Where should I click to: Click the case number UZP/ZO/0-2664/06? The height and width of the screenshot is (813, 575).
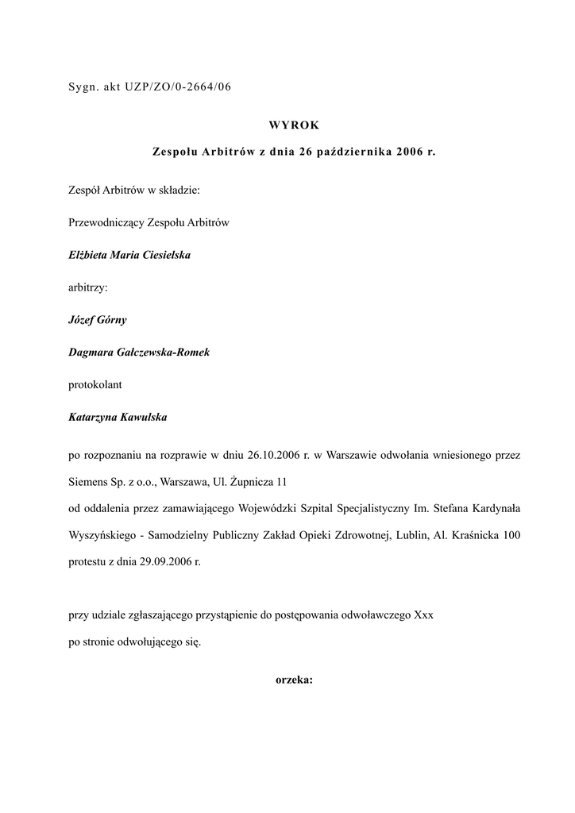[178, 88]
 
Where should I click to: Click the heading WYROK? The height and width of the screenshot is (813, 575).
[294, 125]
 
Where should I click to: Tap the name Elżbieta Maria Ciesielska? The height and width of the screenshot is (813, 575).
[129, 256]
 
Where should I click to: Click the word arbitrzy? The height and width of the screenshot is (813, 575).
[88, 288]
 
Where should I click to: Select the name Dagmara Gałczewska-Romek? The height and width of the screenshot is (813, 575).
[140, 353]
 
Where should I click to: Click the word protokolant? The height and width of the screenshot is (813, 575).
[95, 384]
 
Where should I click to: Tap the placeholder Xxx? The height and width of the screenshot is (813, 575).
[423, 615]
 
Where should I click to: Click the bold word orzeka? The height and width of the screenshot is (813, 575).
[294, 680]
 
